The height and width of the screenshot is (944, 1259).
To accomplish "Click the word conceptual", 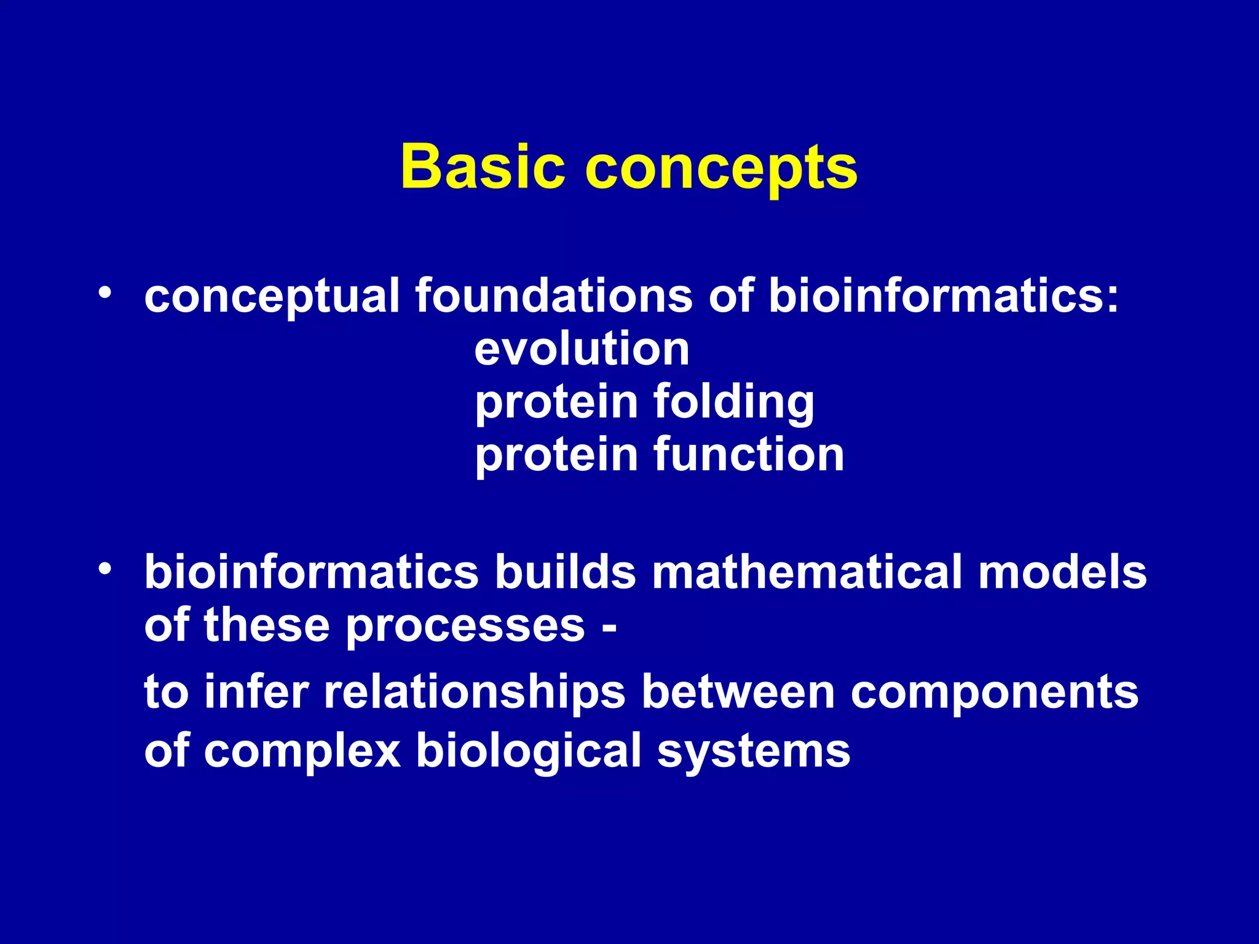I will coord(272,297).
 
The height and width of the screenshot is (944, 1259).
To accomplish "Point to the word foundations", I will coord(554,296).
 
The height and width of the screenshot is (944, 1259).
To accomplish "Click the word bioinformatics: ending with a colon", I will coord(943,296).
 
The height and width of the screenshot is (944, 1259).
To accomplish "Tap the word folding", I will coord(733,403).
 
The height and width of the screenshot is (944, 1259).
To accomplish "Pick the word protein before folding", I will coord(556,403).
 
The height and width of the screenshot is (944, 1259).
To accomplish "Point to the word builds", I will coord(565,572).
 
